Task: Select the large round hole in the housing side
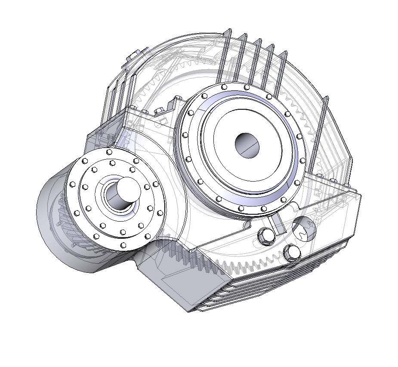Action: [x=305, y=228]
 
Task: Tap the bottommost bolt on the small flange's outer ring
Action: [x=123, y=245]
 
